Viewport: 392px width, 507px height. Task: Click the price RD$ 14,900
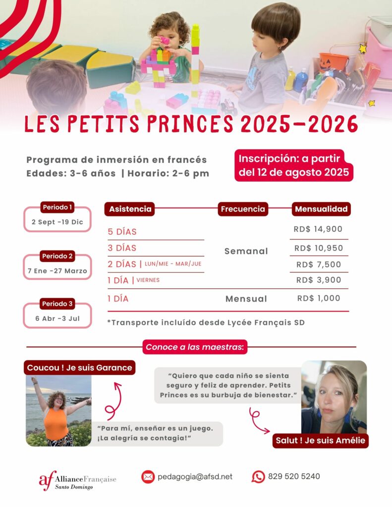(x=319, y=229)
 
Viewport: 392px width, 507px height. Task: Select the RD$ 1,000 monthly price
(x=319, y=298)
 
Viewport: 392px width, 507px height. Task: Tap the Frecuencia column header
(x=242, y=209)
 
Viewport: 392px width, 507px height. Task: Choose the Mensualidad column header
(x=321, y=209)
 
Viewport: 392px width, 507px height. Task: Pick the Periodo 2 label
(x=57, y=256)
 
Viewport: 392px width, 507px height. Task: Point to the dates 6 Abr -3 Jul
(x=57, y=318)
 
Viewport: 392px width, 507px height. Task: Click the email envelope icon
(x=148, y=477)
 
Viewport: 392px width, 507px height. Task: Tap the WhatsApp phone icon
(x=258, y=477)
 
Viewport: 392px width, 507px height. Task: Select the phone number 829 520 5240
(x=294, y=476)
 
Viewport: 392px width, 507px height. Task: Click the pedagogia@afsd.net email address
(x=195, y=477)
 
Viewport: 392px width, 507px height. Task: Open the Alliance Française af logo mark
(x=48, y=479)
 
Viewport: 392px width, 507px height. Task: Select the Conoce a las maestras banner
(x=195, y=347)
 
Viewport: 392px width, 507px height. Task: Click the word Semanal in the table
(x=246, y=251)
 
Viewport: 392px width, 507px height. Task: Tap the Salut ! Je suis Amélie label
(x=320, y=440)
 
